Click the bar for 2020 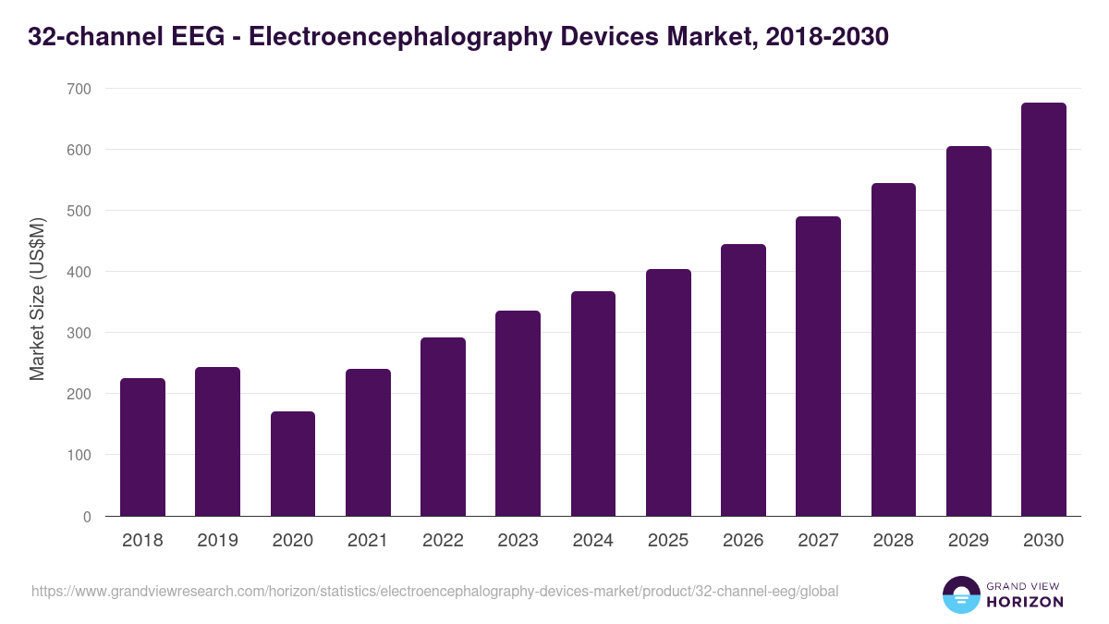click(x=293, y=464)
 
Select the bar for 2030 click(x=1043, y=310)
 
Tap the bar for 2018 click(x=142, y=447)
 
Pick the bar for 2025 click(x=668, y=393)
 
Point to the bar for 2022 click(x=443, y=427)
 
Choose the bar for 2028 click(x=894, y=349)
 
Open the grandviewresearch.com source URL click(x=434, y=591)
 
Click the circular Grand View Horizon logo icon click(x=960, y=594)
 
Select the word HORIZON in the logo click(x=1025, y=602)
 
